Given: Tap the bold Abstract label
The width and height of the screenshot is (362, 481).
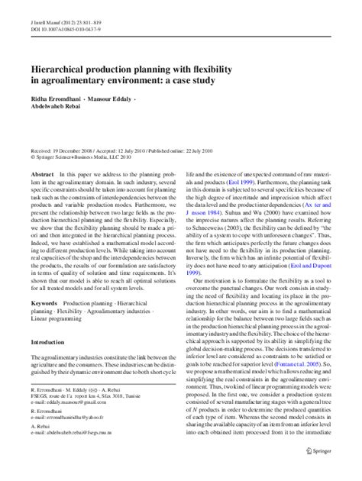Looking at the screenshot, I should [43, 175].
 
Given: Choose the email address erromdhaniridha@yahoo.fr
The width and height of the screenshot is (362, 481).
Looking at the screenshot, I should [76, 441].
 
